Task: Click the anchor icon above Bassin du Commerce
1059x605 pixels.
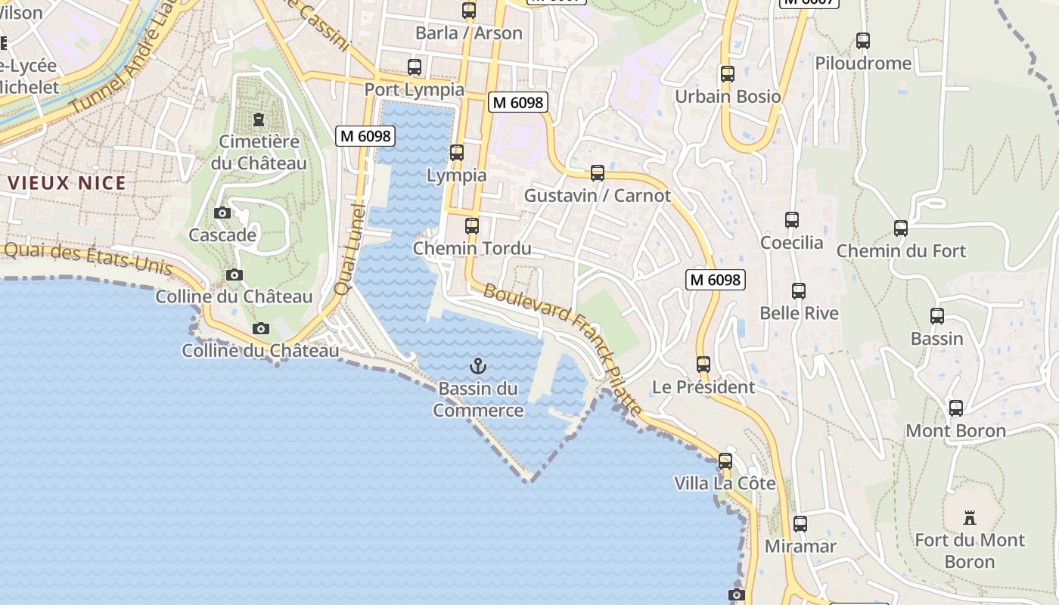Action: pyautogui.click(x=477, y=367)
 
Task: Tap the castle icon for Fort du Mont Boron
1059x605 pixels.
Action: pyautogui.click(x=969, y=518)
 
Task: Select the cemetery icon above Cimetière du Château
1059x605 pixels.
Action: pyautogui.click(x=259, y=119)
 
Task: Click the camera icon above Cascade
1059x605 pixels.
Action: pyautogui.click(x=222, y=213)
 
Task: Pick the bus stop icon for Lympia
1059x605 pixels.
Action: pyautogui.click(x=457, y=153)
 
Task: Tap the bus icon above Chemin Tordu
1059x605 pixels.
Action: pyautogui.click(x=472, y=225)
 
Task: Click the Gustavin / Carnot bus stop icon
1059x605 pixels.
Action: pyautogui.click(x=598, y=173)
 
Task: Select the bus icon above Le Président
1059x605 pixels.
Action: pyautogui.click(x=703, y=365)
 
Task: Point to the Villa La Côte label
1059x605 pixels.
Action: pyautogui.click(x=725, y=483)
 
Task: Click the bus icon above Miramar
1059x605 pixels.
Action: pyautogui.click(x=800, y=523)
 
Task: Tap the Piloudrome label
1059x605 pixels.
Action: pyautogui.click(x=863, y=64)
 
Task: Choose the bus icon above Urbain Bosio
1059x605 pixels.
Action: pyautogui.click(x=728, y=74)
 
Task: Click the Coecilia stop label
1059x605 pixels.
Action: pyautogui.click(x=791, y=243)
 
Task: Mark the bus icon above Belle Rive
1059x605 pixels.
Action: pyautogui.click(x=799, y=291)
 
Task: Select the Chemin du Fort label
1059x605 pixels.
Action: pyautogui.click(x=901, y=251)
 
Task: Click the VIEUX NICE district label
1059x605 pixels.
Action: pyautogui.click(x=67, y=183)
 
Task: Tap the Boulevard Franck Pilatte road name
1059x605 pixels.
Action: pyautogui.click(x=563, y=347)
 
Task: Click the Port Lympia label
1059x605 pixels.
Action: pyautogui.click(x=415, y=90)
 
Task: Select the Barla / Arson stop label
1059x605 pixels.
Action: pyautogui.click(x=469, y=33)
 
